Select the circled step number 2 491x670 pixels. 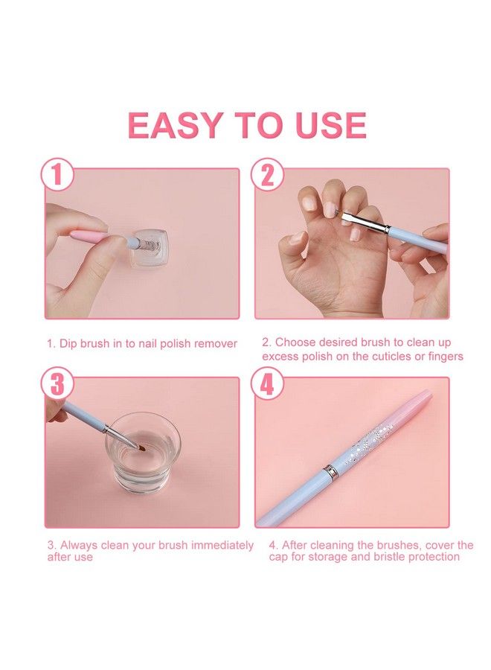pos(267,176)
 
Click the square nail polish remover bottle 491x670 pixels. pos(153,246)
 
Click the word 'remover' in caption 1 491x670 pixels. pos(216,343)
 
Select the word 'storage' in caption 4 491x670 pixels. pos(321,557)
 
